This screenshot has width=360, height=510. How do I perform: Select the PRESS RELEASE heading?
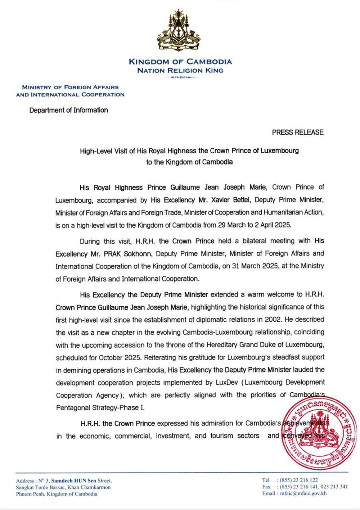pos(298,132)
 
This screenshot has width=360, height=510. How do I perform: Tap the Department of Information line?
pos(68,110)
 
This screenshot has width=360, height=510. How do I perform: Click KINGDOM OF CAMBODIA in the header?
pos(180,62)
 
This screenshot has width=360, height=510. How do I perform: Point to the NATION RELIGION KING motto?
pos(180,71)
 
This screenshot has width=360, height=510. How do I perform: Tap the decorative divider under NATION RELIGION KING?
pos(180,77)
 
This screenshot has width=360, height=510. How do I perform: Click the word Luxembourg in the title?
pos(280,151)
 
